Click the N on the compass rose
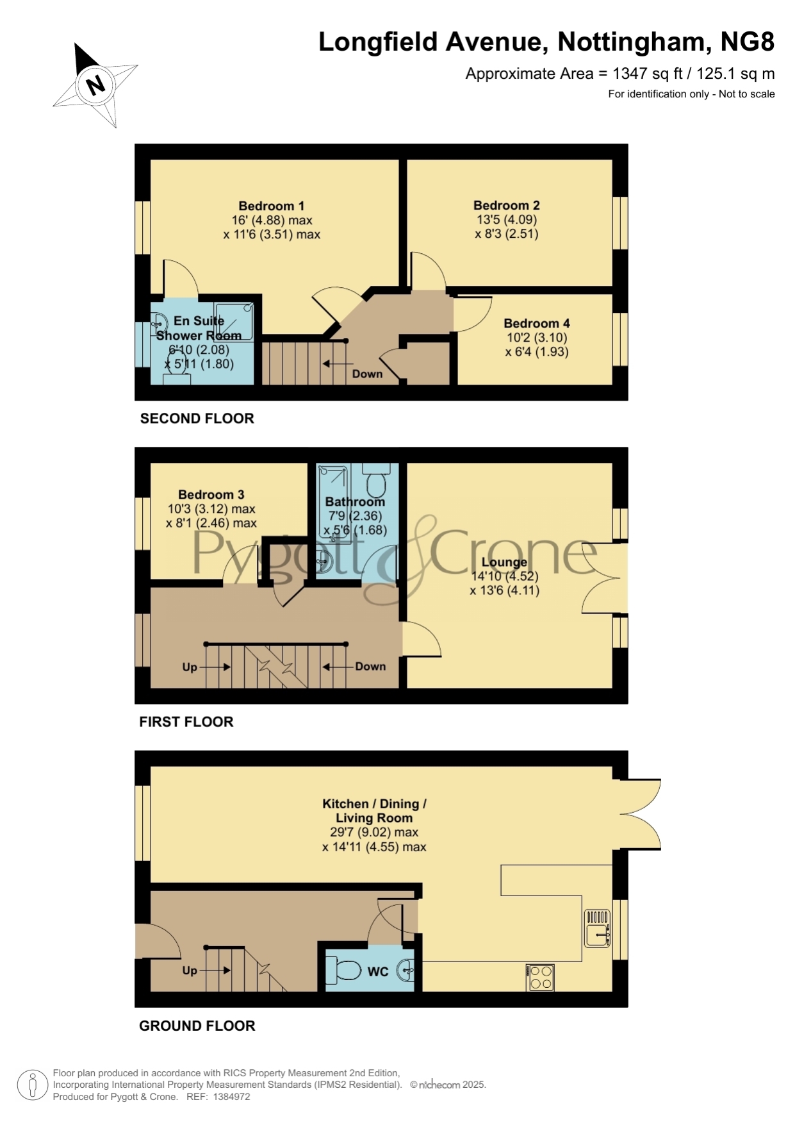(x=96, y=85)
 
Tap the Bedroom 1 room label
(x=272, y=206)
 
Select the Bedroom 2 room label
(x=507, y=205)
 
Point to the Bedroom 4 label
(x=537, y=323)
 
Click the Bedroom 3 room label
(x=211, y=494)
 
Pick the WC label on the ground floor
(x=378, y=972)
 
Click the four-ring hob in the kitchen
(x=540, y=978)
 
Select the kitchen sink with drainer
(x=598, y=928)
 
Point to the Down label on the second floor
(x=368, y=374)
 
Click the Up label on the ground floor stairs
(x=190, y=970)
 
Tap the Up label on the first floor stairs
(x=190, y=667)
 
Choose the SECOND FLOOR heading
(x=197, y=419)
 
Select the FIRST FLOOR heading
(x=186, y=722)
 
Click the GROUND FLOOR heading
(x=197, y=1026)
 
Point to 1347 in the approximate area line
(x=630, y=74)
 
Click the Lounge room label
(x=504, y=562)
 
